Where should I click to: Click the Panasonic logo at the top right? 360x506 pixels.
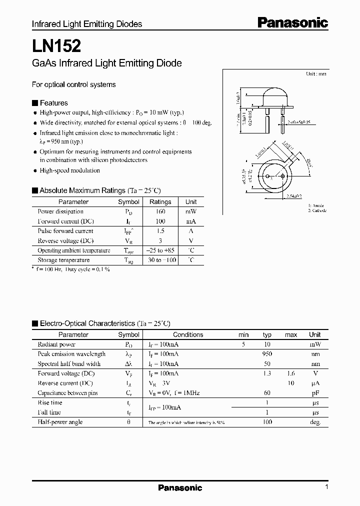[293, 22]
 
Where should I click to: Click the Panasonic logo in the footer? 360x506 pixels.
[180, 487]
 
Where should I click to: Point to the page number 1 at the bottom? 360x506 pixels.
[326, 487]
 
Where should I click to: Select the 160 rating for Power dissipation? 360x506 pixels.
[160, 211]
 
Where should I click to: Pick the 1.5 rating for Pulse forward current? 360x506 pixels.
[160, 231]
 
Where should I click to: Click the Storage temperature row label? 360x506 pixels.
[63, 260]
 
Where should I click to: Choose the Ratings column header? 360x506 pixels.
[160, 202]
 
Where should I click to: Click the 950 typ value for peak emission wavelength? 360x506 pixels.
[267, 354]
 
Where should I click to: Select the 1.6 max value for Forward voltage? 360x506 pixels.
[290, 373]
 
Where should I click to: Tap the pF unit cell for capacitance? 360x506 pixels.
[315, 393]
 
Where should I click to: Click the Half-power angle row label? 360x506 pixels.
[60, 422]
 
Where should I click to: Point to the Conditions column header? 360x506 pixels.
[188, 334]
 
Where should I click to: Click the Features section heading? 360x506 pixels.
[53, 103]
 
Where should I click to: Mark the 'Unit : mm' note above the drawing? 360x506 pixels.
[316, 74]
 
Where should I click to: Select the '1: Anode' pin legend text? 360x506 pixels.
[316, 205]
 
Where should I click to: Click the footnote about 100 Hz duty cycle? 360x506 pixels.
[71, 269]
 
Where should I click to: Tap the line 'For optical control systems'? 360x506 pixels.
[73, 84]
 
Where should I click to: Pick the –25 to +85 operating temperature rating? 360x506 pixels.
[160, 250]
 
